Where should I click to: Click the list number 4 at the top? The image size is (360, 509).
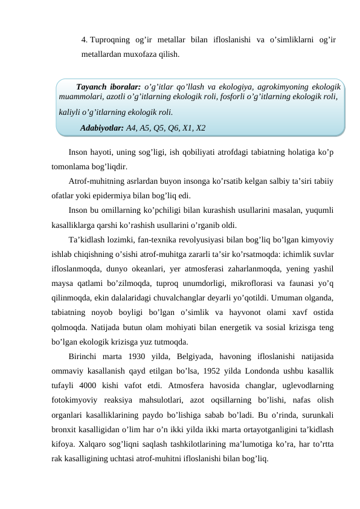[84, 41]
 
